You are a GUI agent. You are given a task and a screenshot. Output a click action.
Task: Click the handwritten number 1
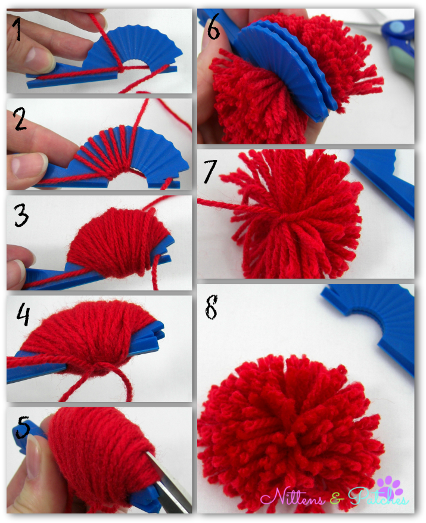click(x=17, y=29)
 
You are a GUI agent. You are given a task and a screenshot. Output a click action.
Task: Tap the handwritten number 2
click(x=20, y=119)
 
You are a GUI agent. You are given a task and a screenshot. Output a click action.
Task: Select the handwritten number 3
click(x=21, y=215)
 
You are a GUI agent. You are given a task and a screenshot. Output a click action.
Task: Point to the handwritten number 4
click(x=23, y=314)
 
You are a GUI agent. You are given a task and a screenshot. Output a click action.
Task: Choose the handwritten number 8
click(x=212, y=307)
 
